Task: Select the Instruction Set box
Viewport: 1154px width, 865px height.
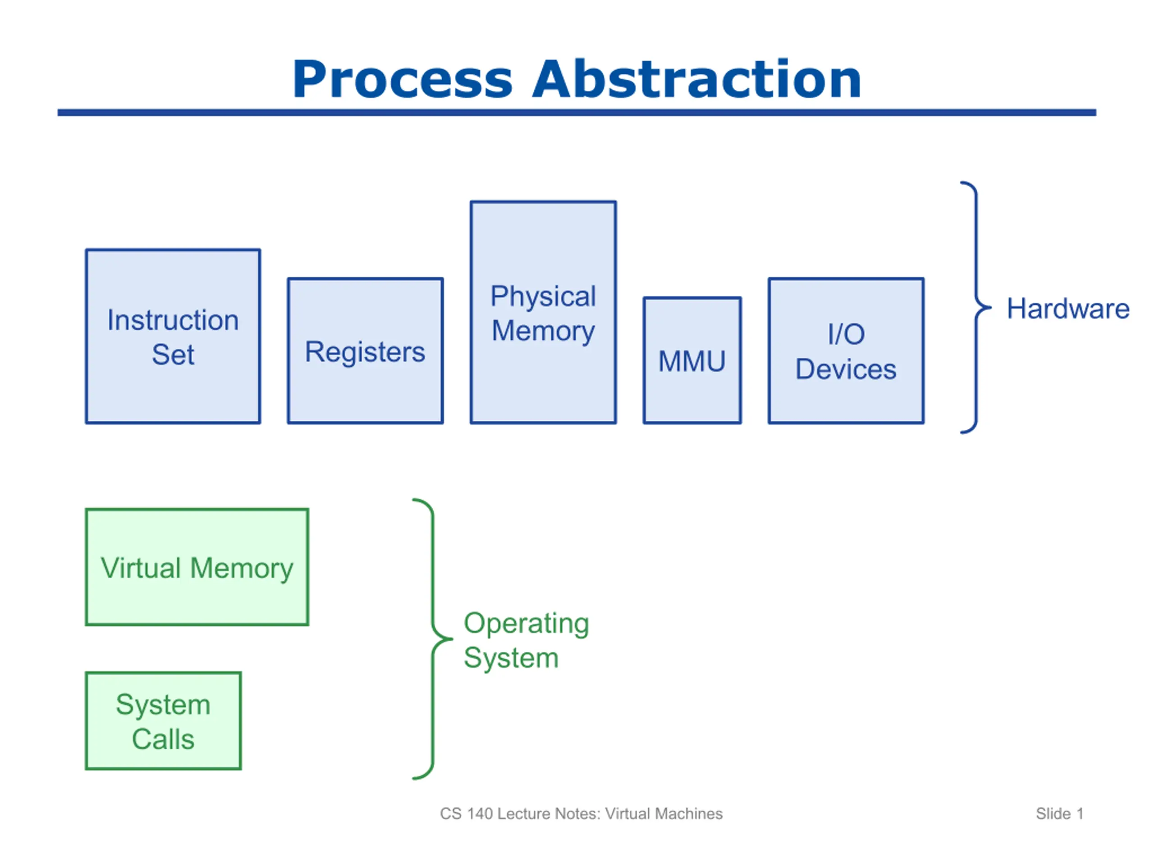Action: click(x=173, y=336)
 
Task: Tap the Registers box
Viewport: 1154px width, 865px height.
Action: click(x=365, y=351)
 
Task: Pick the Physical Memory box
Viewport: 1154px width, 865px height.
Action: click(x=543, y=312)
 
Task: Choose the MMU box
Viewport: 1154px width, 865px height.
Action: click(x=692, y=360)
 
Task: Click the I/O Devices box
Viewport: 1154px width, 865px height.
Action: click(x=846, y=351)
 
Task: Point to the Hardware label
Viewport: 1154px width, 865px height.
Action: click(x=1068, y=309)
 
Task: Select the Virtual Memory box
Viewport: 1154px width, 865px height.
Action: click(x=197, y=567)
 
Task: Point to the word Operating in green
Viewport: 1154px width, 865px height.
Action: click(x=527, y=624)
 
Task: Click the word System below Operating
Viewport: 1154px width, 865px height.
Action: click(x=511, y=658)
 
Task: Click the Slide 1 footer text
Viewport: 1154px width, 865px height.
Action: click(x=1060, y=814)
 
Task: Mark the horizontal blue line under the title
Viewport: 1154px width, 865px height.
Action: click(x=577, y=113)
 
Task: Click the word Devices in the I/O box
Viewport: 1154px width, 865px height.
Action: click(x=846, y=369)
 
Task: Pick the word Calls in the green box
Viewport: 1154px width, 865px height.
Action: click(x=163, y=739)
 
